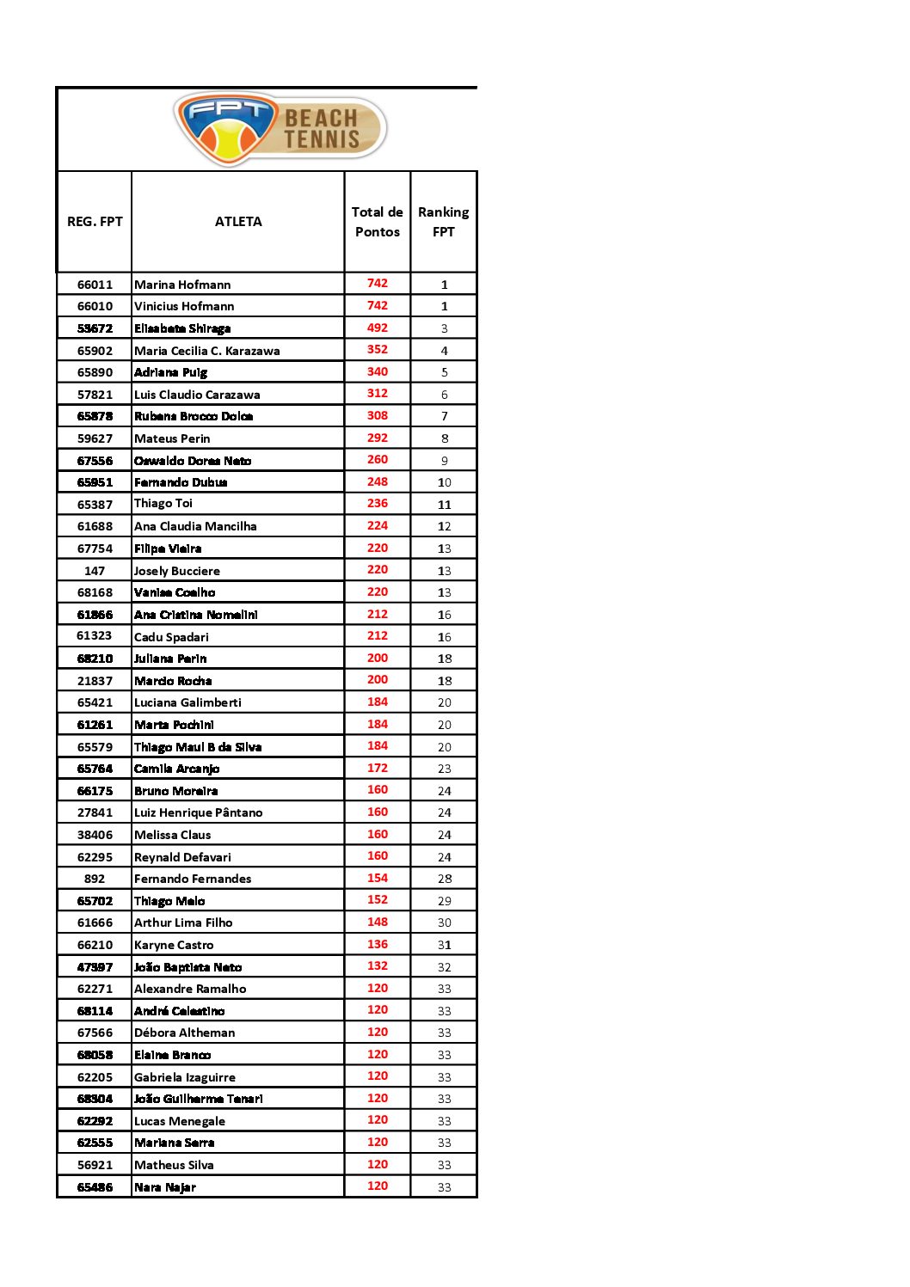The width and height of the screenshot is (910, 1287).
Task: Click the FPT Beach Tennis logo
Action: pyautogui.click(x=280, y=129)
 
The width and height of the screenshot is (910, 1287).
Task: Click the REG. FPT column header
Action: pyautogui.click(x=95, y=222)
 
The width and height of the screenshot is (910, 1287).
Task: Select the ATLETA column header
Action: pyautogui.click(x=238, y=222)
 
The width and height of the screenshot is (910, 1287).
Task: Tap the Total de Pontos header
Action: pyautogui.click(x=378, y=222)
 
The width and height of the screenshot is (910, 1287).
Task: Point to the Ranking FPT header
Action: pyautogui.click(x=444, y=222)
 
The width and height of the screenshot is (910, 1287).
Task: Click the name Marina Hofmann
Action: pyautogui.click(x=182, y=285)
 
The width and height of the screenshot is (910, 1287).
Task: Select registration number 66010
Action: pyautogui.click(x=95, y=306)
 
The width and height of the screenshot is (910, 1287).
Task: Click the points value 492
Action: pyautogui.click(x=378, y=328)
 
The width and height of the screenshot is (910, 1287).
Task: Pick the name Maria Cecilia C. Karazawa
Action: pyautogui.click(x=206, y=351)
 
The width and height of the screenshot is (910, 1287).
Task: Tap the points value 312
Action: pyautogui.click(x=378, y=393)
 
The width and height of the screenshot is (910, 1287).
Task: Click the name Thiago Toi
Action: pyautogui.click(x=163, y=503)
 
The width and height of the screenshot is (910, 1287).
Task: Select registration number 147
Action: pyautogui.click(x=95, y=571)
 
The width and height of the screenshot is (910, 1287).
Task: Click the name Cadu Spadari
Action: pyautogui.click(x=171, y=637)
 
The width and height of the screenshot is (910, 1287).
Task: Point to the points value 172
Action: pyautogui.click(x=378, y=768)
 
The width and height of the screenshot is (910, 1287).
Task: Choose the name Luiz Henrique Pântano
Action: pyautogui.click(x=198, y=812)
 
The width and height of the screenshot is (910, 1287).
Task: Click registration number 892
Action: pyautogui.click(x=95, y=879)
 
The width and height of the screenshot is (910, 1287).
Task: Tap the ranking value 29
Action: pyautogui.click(x=445, y=901)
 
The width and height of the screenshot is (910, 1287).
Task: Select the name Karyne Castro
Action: pyautogui.click(x=174, y=945)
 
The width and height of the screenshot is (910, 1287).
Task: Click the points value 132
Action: pyautogui.click(x=378, y=966)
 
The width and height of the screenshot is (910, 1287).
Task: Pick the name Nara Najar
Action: pyautogui.click(x=165, y=1187)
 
